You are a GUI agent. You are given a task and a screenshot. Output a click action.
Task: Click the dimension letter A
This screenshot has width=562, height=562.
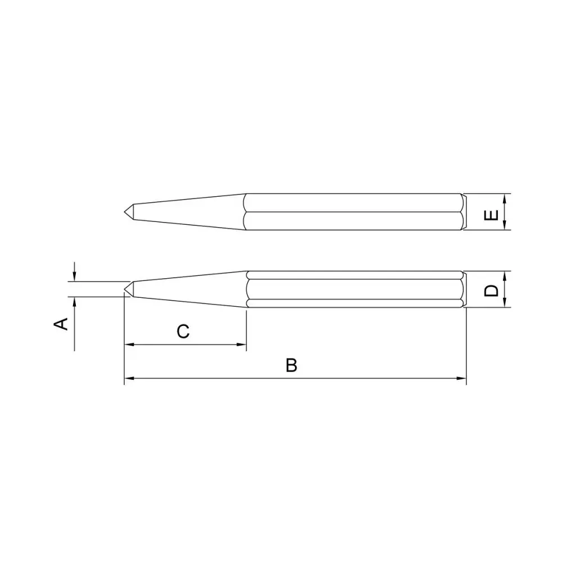click(61, 324)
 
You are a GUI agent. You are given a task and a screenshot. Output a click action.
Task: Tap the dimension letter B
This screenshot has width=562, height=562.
click(291, 365)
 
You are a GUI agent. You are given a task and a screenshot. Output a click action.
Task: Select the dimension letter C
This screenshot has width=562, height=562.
click(183, 332)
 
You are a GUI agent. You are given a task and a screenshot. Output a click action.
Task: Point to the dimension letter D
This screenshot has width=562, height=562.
click(491, 291)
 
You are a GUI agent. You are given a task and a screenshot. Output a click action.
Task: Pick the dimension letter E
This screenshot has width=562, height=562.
click(491, 215)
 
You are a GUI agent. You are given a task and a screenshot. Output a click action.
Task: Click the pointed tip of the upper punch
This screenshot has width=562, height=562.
click(125, 212)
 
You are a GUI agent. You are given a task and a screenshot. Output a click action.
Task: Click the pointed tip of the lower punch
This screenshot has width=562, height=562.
click(125, 289)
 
